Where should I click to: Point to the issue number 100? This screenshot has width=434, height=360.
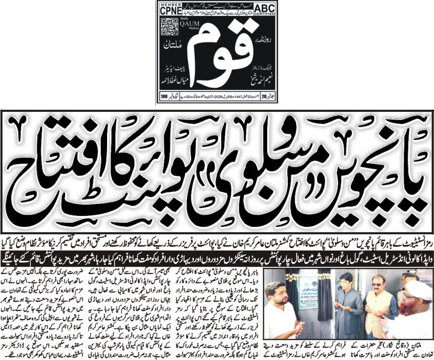[164, 96]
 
